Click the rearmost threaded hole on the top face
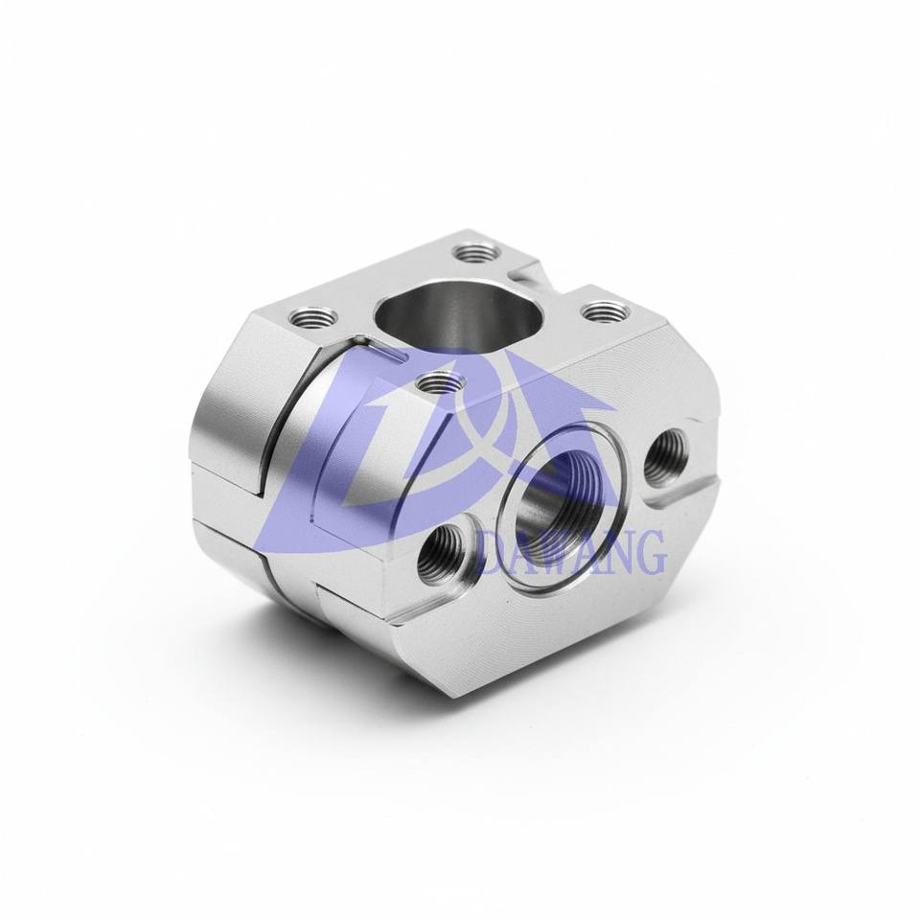(476, 255)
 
